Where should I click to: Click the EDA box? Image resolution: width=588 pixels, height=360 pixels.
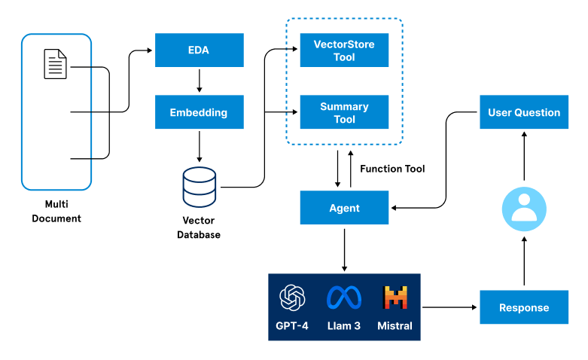point(199,50)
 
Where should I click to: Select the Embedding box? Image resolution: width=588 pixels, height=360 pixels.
point(199,112)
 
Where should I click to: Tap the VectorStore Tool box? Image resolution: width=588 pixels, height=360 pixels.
point(344,50)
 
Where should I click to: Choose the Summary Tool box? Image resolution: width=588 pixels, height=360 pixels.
point(344,113)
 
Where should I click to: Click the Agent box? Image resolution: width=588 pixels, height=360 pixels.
point(344,208)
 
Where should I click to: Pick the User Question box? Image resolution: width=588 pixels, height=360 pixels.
point(524,112)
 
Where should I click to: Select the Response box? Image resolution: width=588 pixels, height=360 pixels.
point(524,307)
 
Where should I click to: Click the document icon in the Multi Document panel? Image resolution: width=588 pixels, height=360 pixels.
point(55,64)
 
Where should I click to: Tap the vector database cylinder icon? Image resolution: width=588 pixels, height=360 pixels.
point(200,188)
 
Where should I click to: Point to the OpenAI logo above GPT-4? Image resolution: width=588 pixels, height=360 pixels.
point(293,298)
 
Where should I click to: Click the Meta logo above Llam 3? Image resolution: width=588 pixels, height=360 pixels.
point(344,298)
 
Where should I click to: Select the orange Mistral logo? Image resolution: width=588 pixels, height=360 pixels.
point(395,298)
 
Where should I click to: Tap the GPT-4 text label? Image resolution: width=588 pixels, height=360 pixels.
point(293,326)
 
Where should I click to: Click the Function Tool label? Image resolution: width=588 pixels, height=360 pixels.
point(392,169)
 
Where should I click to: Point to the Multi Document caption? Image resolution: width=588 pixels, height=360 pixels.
point(56,211)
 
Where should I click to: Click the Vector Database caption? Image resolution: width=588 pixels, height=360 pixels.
point(199,227)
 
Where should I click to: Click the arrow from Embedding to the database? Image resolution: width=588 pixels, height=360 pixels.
point(199,146)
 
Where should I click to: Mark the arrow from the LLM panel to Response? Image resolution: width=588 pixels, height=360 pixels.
point(450,307)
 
